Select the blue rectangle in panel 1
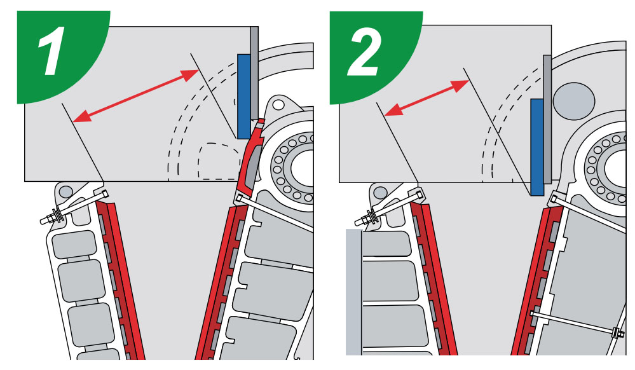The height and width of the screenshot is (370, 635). [x=244, y=97]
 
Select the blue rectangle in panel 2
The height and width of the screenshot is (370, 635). [x=537, y=147]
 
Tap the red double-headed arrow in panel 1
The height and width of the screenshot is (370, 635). [x=135, y=95]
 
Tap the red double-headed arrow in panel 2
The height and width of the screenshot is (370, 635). [x=427, y=97]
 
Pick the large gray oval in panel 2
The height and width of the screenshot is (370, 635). [x=574, y=101]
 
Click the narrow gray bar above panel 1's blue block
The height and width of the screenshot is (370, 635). [x=254, y=73]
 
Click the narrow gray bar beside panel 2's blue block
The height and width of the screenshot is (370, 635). [x=547, y=119]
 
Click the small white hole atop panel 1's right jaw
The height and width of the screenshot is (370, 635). [x=278, y=104]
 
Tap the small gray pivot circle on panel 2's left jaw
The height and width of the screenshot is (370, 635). [x=380, y=192]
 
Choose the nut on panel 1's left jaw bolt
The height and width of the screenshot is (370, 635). [x=54, y=215]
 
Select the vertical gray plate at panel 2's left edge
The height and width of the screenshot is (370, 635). [x=354, y=292]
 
